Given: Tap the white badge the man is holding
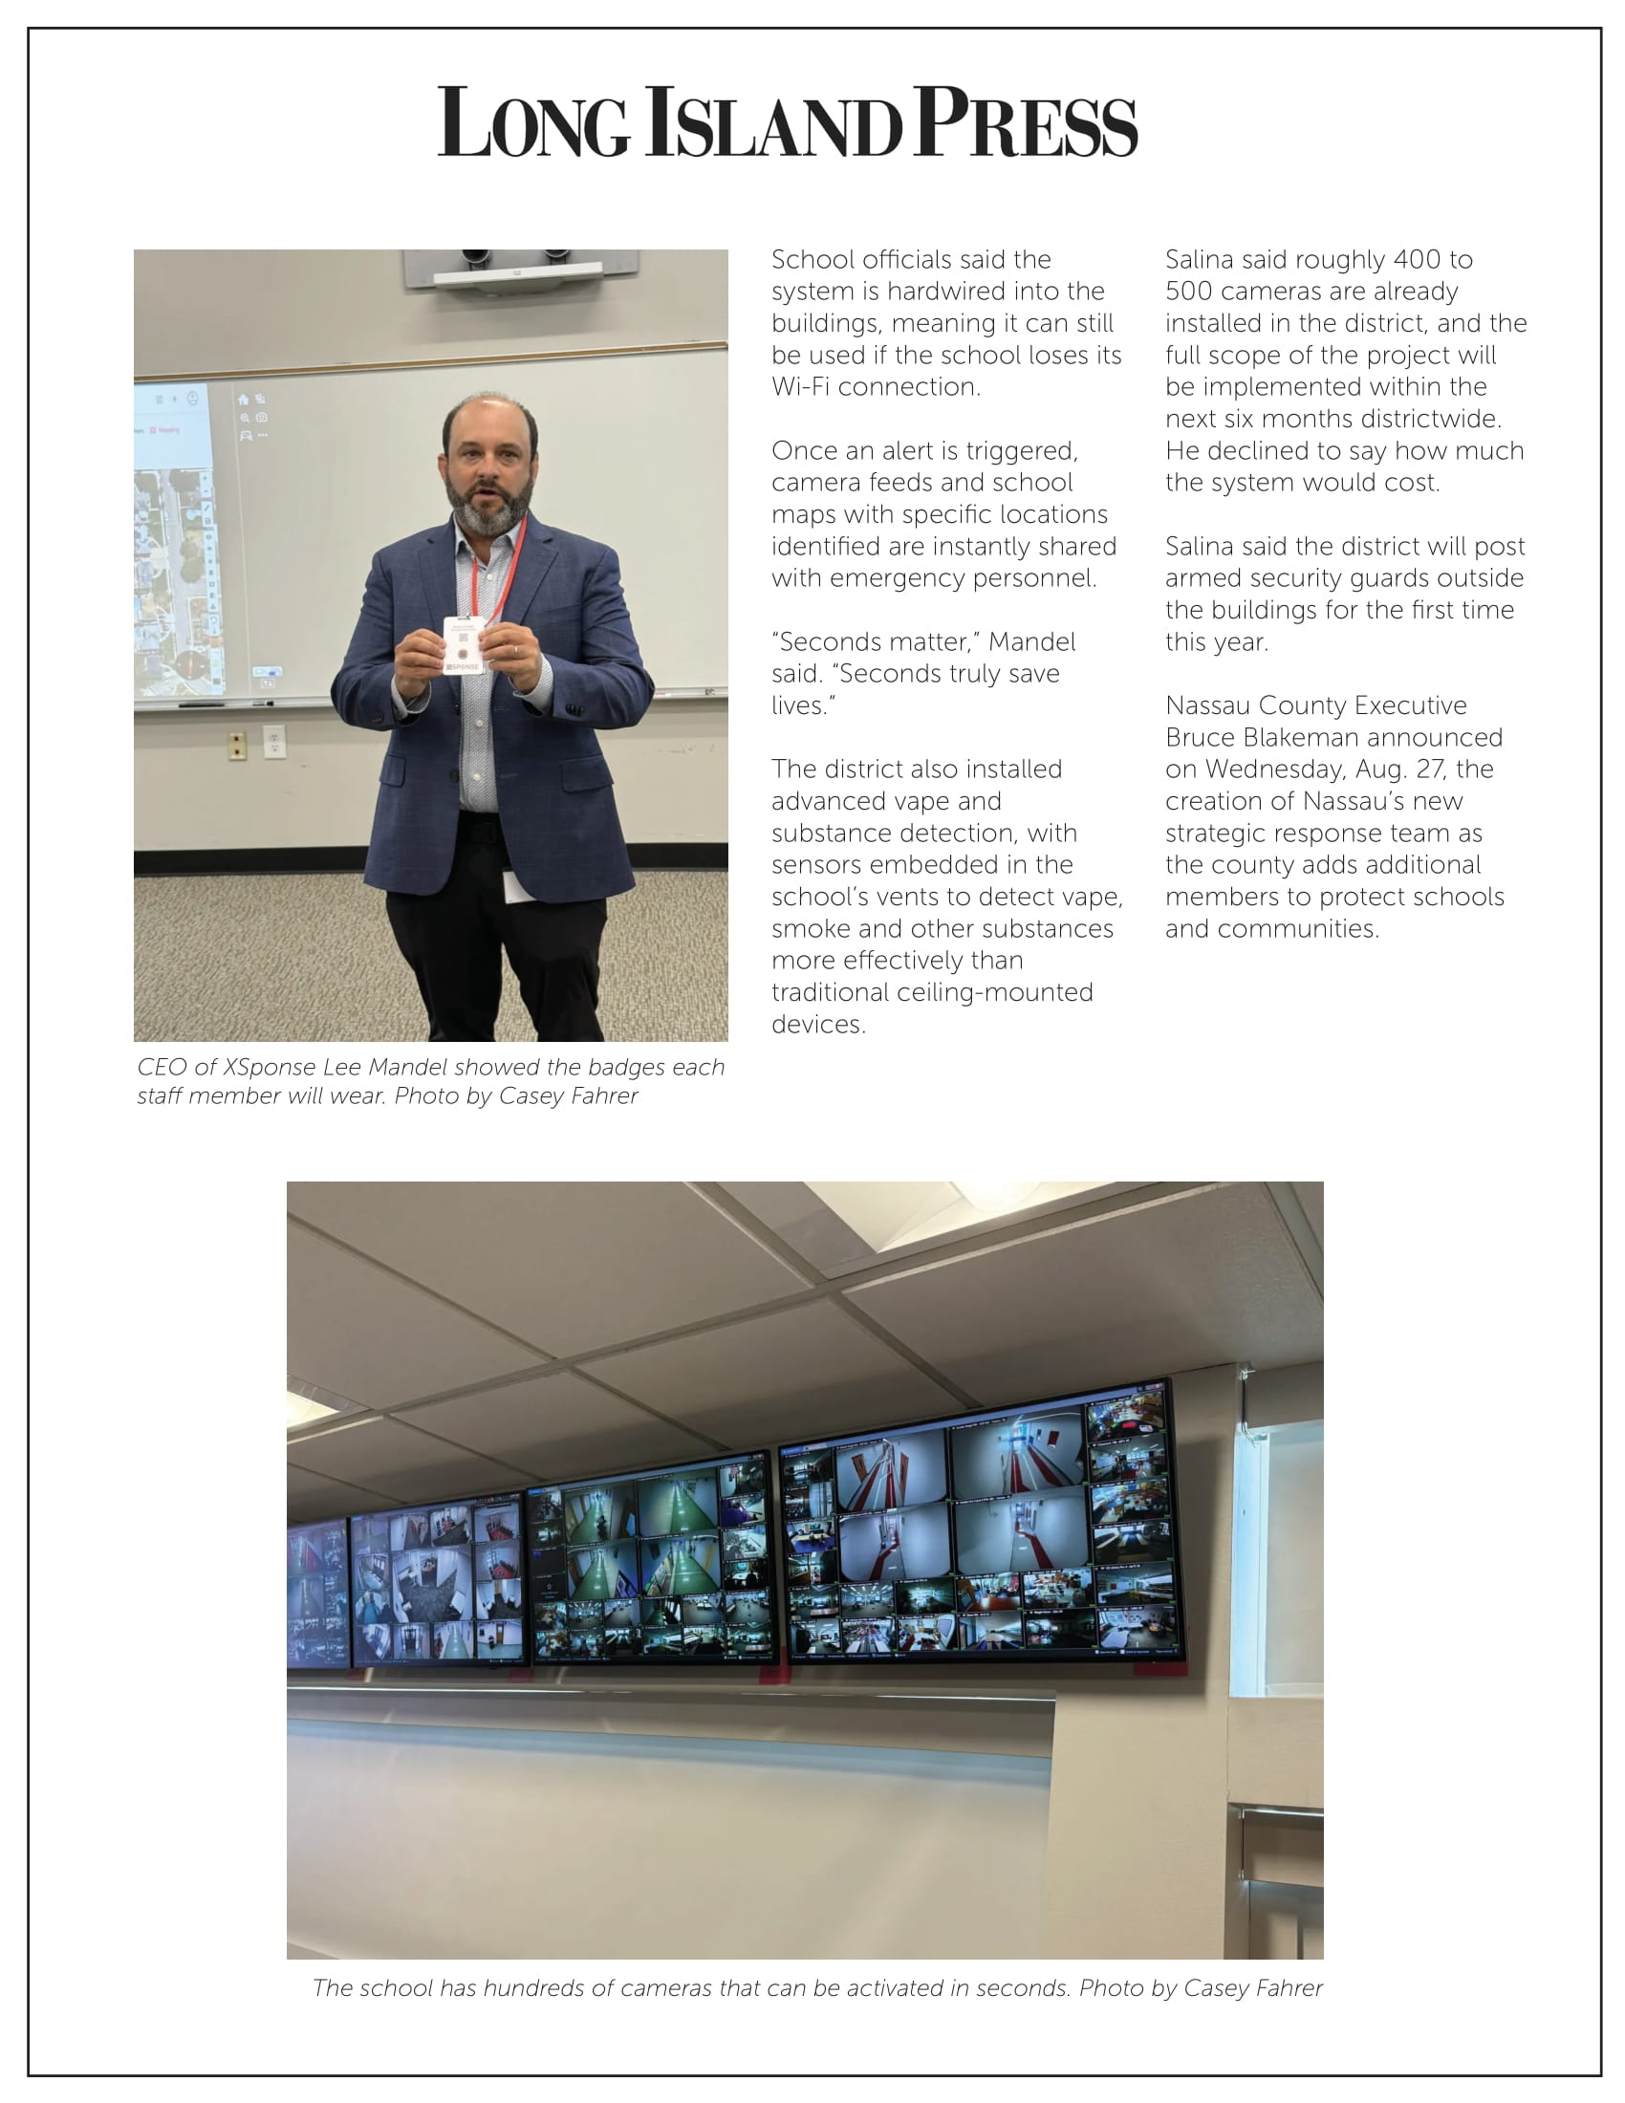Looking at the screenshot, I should [x=463, y=645].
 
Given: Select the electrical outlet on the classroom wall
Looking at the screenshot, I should [x=273, y=742].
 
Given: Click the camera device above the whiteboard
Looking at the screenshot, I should [x=519, y=267].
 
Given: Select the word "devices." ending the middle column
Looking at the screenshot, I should [x=818, y=1025].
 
